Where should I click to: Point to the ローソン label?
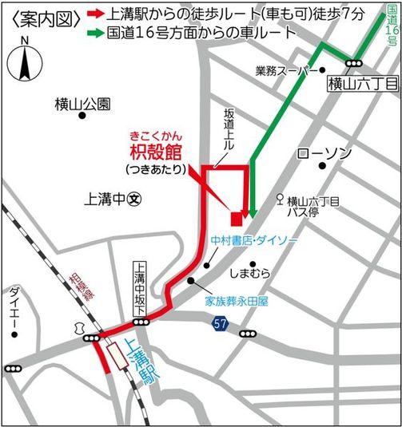(x=323, y=153)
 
